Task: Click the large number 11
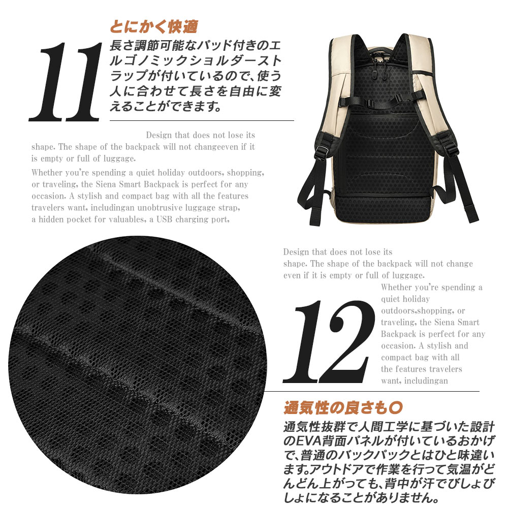(65, 82)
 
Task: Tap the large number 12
(328, 342)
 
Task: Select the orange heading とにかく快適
(154, 27)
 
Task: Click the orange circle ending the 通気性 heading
(396, 407)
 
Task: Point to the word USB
(165, 219)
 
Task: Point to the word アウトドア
(334, 469)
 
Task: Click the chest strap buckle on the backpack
(369, 104)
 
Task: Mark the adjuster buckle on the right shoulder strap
(451, 148)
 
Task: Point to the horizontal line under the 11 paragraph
(202, 120)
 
